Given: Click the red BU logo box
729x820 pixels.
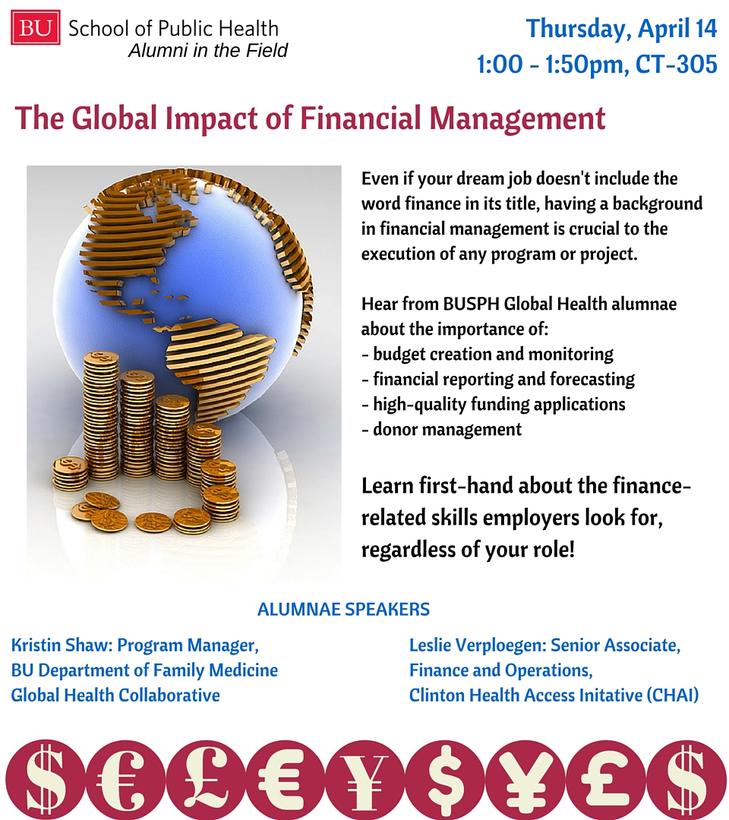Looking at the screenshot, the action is [x=36, y=27].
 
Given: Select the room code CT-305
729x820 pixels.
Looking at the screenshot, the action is [x=676, y=65].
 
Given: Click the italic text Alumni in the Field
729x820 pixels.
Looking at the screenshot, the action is [x=207, y=50].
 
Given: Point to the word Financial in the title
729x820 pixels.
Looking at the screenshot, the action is [x=360, y=118].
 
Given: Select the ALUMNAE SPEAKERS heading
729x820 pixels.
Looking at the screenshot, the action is [x=343, y=609].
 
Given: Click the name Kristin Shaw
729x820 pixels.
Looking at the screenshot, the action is [x=60, y=645].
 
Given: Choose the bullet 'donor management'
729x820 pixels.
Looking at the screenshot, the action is [x=441, y=429].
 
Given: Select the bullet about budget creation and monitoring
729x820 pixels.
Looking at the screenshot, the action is [x=488, y=354].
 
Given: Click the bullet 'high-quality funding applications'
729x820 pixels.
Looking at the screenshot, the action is [x=493, y=404].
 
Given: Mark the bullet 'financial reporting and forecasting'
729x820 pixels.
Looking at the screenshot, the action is [x=498, y=379].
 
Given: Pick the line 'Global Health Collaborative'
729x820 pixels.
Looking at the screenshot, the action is [x=115, y=695].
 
